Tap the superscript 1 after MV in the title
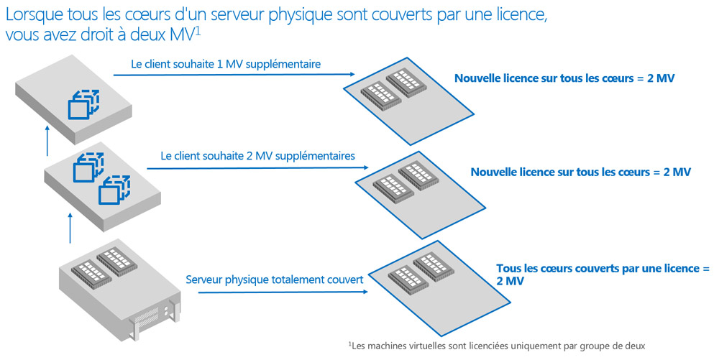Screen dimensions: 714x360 (198, 32)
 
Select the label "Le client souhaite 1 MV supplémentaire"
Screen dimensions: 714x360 (226, 64)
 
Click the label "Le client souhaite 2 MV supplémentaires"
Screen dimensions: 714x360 (257, 156)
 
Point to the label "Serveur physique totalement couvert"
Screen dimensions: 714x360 (275, 280)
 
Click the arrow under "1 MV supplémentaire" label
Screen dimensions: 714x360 (234, 75)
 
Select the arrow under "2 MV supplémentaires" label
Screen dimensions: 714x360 (257, 168)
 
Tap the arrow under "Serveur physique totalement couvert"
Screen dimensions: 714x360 (283, 292)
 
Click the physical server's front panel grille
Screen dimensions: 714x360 (147, 315)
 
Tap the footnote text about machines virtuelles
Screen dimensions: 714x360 (497, 346)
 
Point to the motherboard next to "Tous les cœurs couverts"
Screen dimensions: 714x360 (439, 289)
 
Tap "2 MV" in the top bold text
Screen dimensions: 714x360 (661, 78)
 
